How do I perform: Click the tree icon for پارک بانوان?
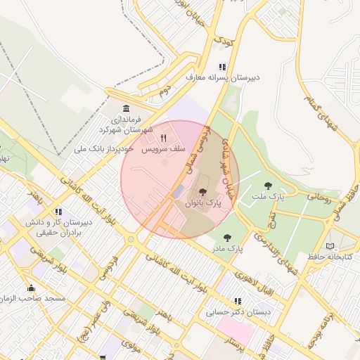pyautogui.click(x=202, y=192)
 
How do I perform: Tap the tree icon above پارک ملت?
pyautogui.click(x=267, y=186)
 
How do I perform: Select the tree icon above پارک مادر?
pyautogui.click(x=226, y=238)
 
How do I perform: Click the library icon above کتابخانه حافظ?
pyautogui.click(x=331, y=245)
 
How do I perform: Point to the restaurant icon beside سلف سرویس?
pyautogui.click(x=164, y=139)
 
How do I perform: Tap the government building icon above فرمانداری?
pyautogui.click(x=126, y=108)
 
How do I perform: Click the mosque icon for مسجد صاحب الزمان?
pyautogui.click(x=30, y=288)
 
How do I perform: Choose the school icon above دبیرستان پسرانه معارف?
pyautogui.click(x=222, y=67)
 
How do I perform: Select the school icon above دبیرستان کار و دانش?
pyautogui.click(x=58, y=211)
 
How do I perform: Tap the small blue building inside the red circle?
pyautogui.click(x=178, y=191)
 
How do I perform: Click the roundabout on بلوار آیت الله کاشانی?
pyautogui.click(x=131, y=240)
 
